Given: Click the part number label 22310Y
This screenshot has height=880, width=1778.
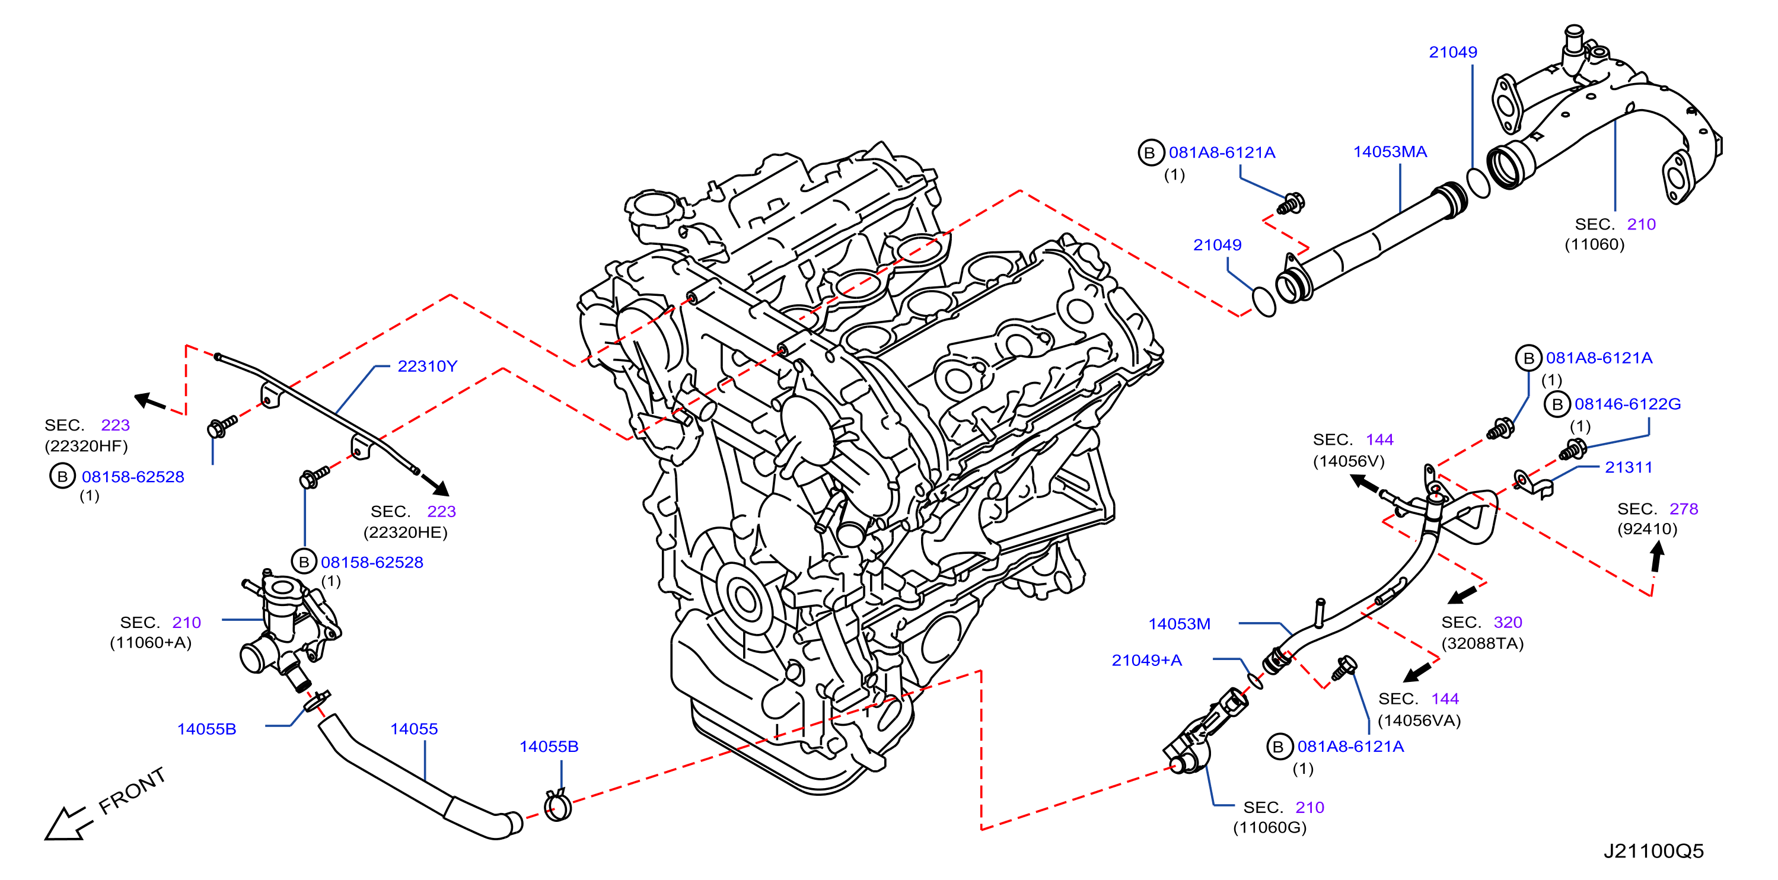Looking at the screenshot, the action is coord(427,366).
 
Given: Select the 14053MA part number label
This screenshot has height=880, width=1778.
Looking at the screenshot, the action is coord(1390,152).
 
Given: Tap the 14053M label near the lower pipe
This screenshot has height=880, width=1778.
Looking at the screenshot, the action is coord(1179,624).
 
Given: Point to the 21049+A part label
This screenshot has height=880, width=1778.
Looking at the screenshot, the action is coord(1146,661).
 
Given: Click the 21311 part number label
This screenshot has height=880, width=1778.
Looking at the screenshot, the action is coord(1628,467).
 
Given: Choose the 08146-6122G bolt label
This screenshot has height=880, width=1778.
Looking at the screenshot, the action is coord(1627,404).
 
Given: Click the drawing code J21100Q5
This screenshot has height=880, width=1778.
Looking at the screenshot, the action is coord(1653,851).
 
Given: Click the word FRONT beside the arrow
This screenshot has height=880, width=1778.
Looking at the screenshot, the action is coord(132,791).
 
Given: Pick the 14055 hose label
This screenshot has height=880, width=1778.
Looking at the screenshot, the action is coord(413,729).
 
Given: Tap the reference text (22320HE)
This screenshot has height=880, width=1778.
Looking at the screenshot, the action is coord(405,532).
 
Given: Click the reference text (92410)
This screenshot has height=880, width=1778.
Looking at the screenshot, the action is coord(1647,529).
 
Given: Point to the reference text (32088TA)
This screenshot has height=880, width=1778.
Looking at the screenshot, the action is coord(1482,643).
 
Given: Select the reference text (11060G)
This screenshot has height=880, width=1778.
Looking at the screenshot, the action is coord(1269,828).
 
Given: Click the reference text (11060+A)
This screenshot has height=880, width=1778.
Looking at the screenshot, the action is coord(151,643).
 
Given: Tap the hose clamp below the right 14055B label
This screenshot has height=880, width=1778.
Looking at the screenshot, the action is coord(557,805).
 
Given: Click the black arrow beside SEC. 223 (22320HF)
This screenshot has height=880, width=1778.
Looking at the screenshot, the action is coord(150,401).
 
